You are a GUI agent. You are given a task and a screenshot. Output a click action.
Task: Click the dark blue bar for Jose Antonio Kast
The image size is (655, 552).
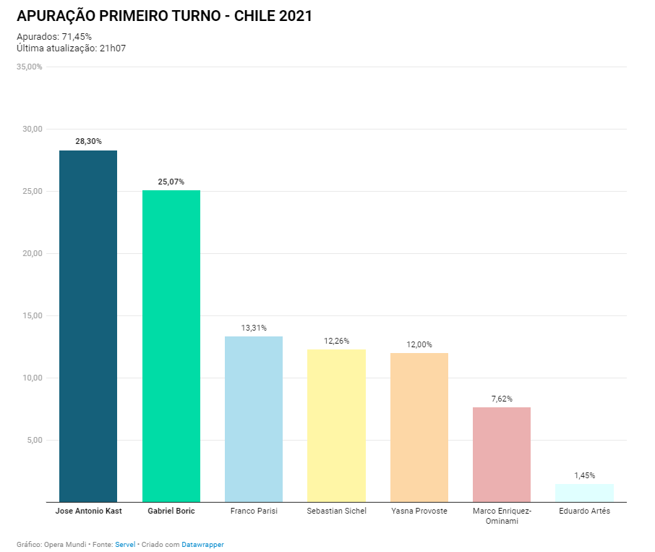tap(88, 326)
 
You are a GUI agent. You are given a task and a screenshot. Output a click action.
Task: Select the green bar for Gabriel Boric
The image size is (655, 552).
tap(171, 346)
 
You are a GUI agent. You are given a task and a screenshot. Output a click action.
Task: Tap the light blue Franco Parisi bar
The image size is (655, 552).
tap(254, 419)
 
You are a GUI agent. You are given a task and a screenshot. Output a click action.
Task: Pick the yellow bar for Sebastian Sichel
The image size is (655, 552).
tap(336, 425)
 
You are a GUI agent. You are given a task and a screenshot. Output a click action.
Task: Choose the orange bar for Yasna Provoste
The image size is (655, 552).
tap(419, 427)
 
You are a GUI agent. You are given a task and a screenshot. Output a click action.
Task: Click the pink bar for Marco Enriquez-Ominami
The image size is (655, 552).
tap(502, 454)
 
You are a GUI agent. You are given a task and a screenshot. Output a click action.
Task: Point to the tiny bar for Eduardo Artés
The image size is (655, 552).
tap(584, 493)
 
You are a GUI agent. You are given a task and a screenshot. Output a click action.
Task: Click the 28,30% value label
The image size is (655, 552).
tap(88, 142)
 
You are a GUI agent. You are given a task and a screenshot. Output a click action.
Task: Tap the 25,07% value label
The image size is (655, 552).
tap(171, 182)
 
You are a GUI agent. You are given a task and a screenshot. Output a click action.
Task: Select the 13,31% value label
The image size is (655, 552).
tap(254, 328)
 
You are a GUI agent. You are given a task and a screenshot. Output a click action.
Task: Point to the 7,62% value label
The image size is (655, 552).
tap(502, 399)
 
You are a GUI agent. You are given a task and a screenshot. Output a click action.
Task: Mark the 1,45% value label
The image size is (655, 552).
tap(584, 475)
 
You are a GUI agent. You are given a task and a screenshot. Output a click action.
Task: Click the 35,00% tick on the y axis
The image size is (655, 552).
tap(30, 67)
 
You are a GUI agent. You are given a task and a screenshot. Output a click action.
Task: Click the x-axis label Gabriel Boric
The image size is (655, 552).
tap(171, 511)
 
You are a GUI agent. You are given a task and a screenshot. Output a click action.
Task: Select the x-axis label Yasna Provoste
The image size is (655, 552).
tap(419, 511)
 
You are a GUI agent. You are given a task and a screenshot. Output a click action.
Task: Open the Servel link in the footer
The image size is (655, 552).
tap(125, 544)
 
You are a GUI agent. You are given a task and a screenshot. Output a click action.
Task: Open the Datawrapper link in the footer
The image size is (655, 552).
tap(202, 544)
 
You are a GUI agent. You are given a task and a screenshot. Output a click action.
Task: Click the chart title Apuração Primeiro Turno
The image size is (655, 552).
tap(164, 16)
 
